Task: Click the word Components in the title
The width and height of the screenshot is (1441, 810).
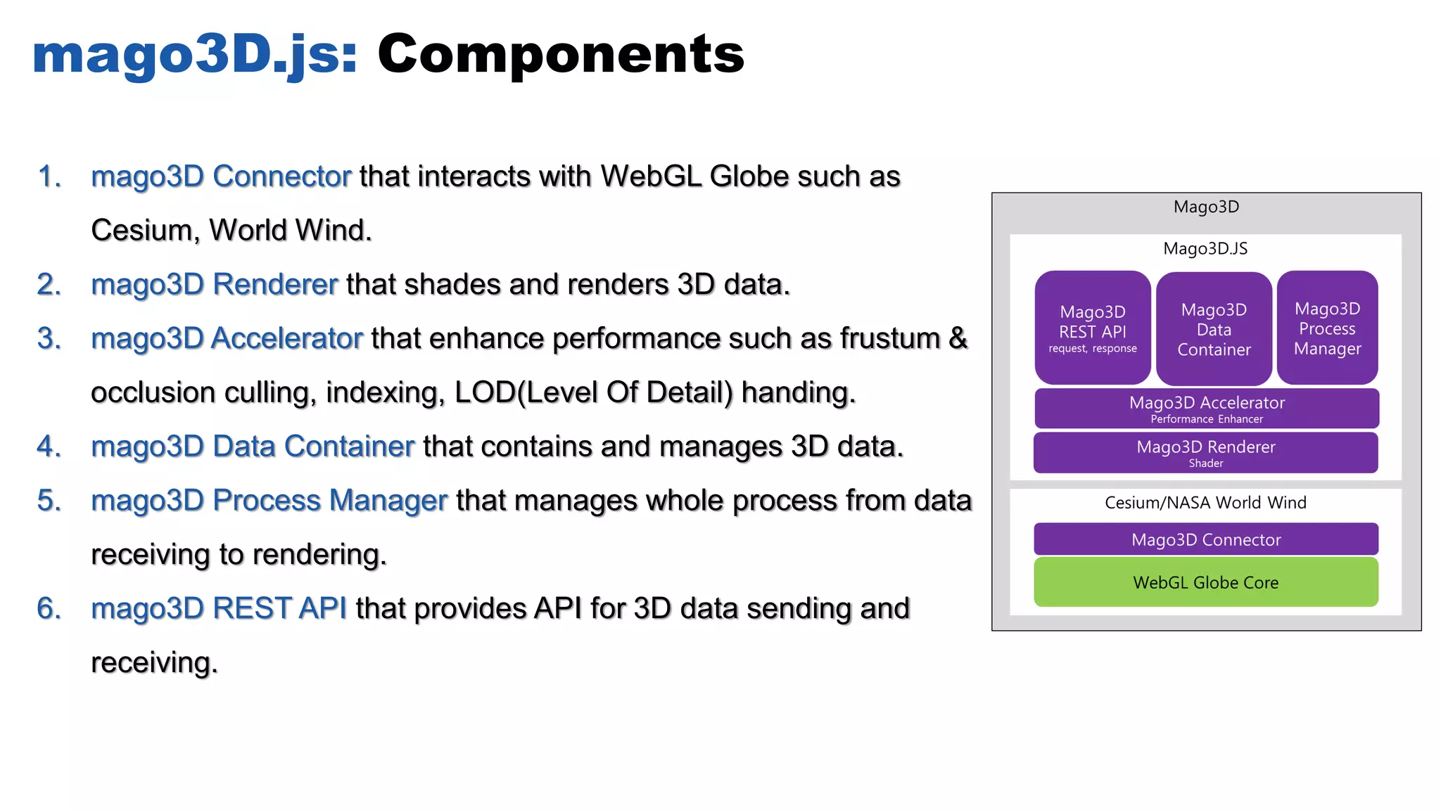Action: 561,54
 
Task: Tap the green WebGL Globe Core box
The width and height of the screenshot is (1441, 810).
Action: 1205,582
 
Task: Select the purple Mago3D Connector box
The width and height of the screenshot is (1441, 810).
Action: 1205,539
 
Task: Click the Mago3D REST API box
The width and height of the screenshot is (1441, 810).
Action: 1092,328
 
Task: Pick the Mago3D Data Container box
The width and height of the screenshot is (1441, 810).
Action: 1214,329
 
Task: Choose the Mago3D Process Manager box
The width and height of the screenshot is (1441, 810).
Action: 1327,328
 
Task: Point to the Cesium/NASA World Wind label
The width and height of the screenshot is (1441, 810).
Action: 1205,503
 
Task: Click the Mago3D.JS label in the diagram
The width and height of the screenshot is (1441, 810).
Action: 1205,248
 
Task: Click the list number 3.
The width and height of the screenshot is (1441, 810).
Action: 49,339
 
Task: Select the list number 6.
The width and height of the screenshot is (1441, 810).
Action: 49,609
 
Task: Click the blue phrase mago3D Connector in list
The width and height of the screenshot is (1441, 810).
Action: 221,176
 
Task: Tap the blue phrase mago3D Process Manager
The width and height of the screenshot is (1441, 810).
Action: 269,501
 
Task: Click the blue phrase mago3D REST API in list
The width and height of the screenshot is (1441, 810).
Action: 219,609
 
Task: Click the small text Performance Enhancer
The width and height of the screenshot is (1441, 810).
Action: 1206,419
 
